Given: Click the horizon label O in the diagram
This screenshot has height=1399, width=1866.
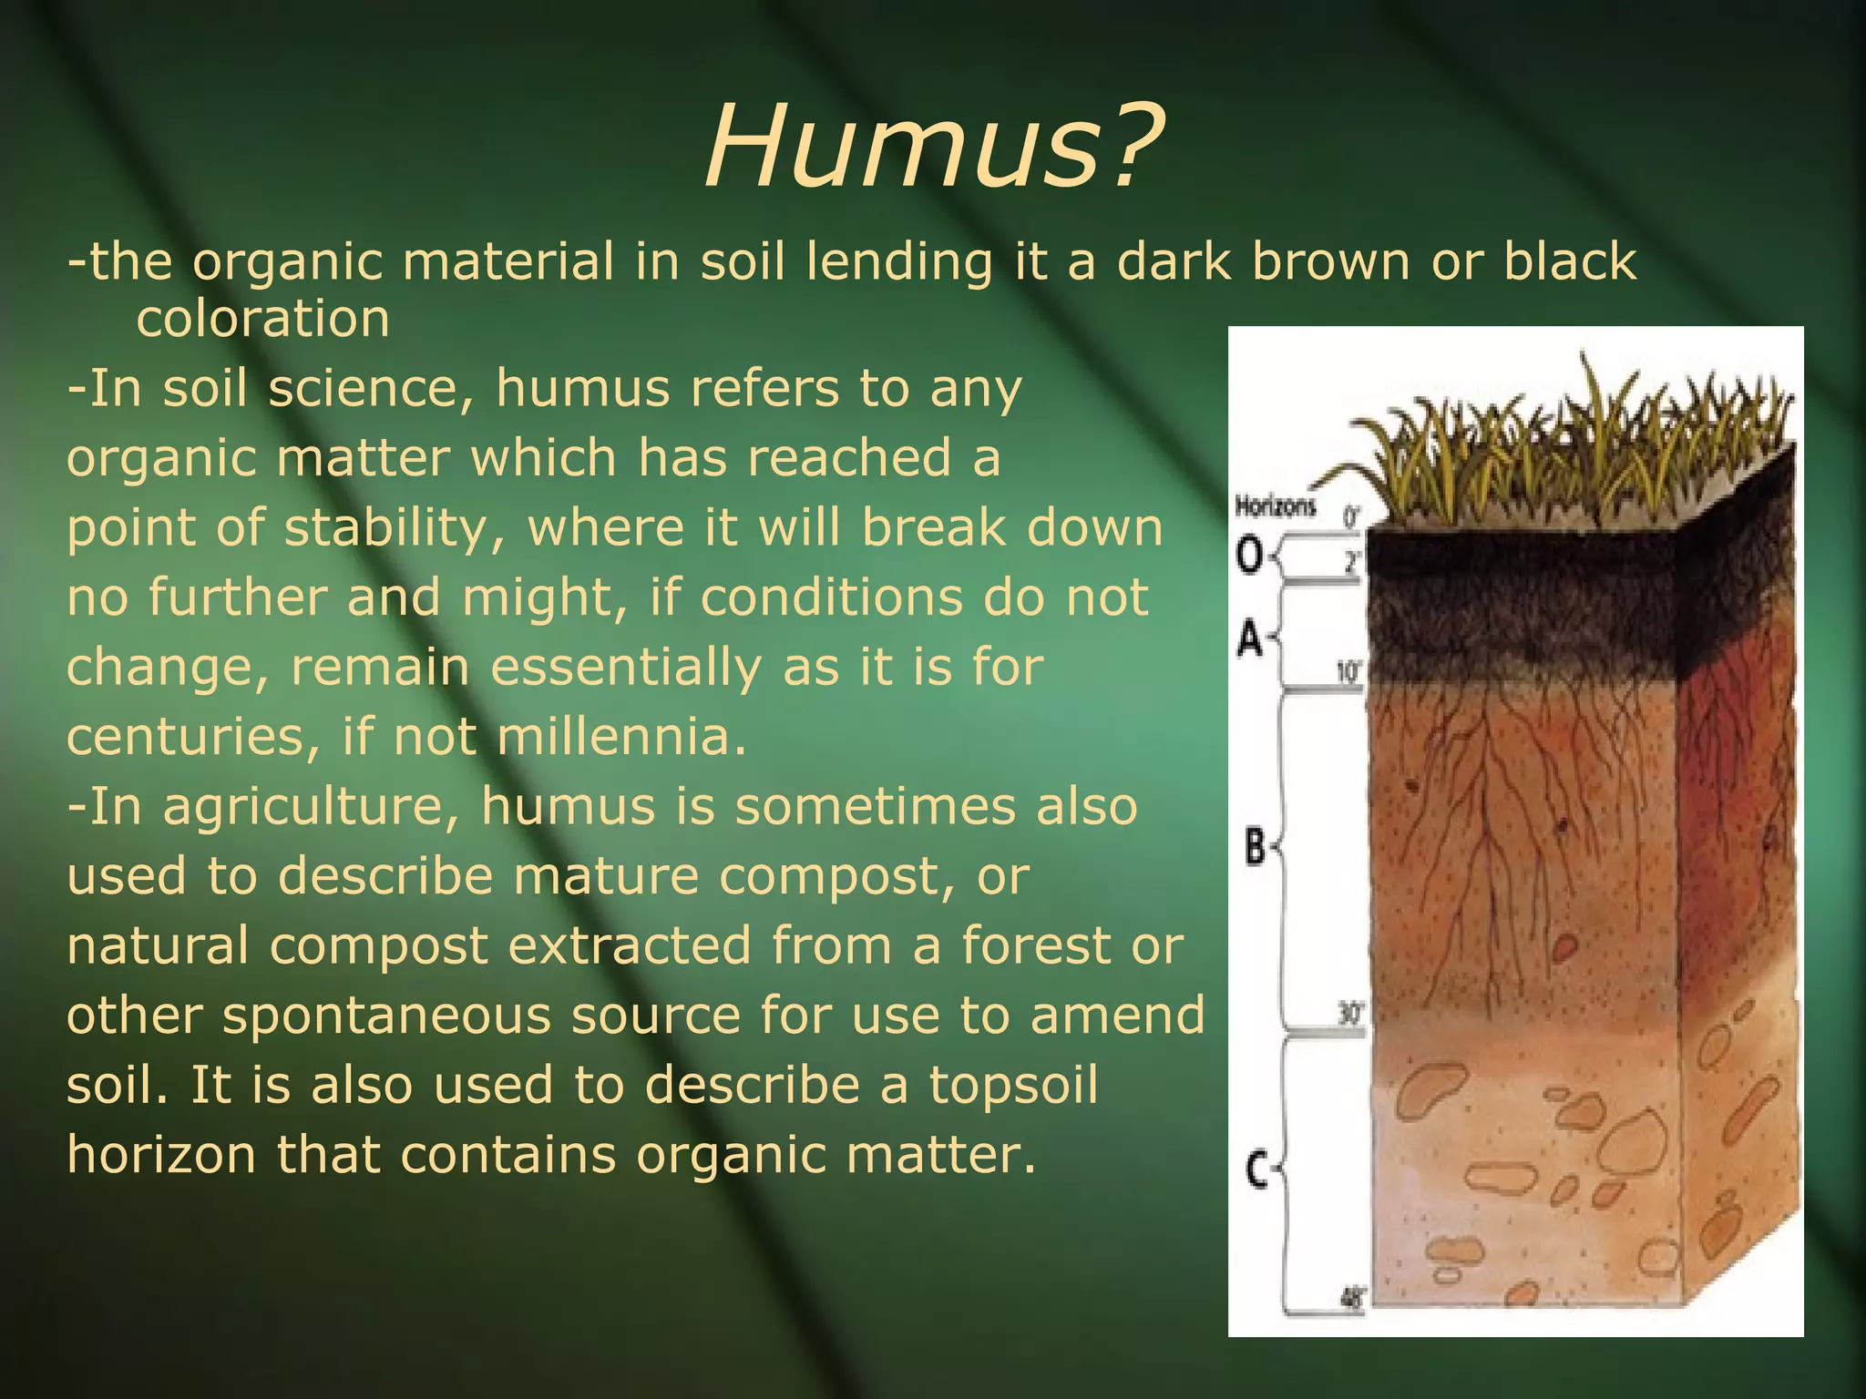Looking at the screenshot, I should tap(1249, 555).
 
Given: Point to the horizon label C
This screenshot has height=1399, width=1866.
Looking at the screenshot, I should tap(1256, 1169).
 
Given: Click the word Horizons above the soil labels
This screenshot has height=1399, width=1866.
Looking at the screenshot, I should tap(1275, 506).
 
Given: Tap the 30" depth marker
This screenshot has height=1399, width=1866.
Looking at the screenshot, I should tap(1348, 1014).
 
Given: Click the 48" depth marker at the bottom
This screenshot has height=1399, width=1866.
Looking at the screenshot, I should tap(1352, 1298).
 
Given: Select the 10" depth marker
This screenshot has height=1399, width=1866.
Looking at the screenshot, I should tap(1348, 673).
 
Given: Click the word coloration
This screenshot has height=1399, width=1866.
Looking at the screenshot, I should tap(262, 319).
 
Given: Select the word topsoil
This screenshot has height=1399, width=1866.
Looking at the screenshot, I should tap(1013, 1085).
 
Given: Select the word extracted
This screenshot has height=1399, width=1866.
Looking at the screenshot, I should tap(629, 945).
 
